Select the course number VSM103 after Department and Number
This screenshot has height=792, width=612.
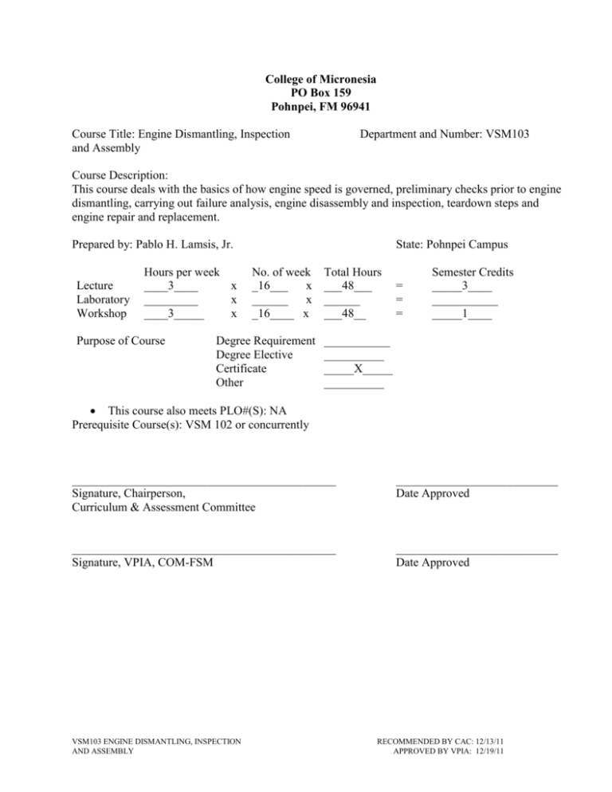click(506, 135)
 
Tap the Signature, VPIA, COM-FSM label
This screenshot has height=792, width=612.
click(141, 563)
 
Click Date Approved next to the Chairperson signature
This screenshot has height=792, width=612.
click(432, 494)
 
